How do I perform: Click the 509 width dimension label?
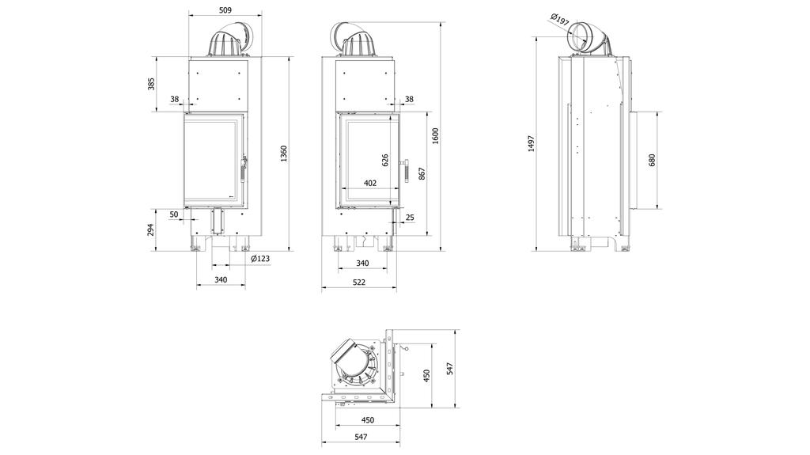(x=225, y=9)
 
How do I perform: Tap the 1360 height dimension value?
(x=283, y=154)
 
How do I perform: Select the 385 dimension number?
(x=151, y=84)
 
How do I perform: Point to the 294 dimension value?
(x=151, y=229)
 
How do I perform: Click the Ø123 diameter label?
(x=260, y=259)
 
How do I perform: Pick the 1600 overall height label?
(x=435, y=135)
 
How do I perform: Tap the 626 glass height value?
(x=385, y=161)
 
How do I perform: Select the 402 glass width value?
(x=370, y=183)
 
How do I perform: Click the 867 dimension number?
(x=422, y=174)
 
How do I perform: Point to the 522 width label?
(x=358, y=282)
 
